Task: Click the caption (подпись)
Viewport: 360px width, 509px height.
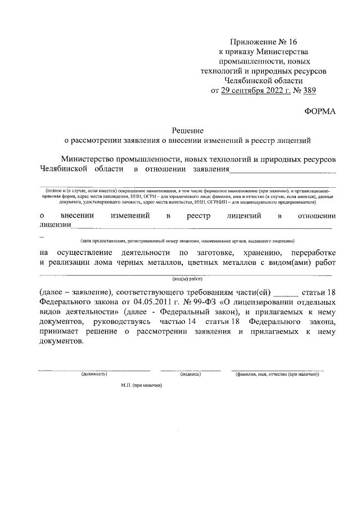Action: (190, 373)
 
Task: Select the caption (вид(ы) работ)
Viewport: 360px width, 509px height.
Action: (187, 278)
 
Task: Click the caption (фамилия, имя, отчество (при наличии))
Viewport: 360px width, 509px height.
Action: (277, 373)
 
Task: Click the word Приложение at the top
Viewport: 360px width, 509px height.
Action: (253, 43)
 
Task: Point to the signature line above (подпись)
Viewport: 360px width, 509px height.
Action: (190, 370)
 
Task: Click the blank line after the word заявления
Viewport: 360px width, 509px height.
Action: (283, 171)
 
